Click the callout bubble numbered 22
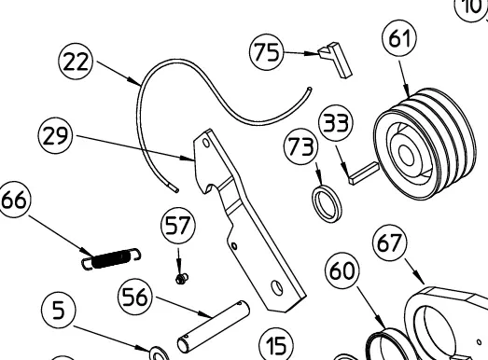76,61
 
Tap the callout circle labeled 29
55,135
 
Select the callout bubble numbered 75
267,51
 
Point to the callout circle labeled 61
399,38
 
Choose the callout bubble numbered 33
336,122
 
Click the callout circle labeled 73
301,146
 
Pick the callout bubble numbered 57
178,226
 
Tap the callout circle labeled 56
135,297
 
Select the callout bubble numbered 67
390,243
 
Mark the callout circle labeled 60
342,270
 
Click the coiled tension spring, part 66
111,259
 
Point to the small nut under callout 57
182,279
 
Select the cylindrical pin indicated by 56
214,326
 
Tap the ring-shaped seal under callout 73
327,204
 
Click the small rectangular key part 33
363,173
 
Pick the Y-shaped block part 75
336,59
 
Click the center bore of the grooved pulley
407,155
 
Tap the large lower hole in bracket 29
277,288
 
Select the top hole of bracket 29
206,143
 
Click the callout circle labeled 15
276,344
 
